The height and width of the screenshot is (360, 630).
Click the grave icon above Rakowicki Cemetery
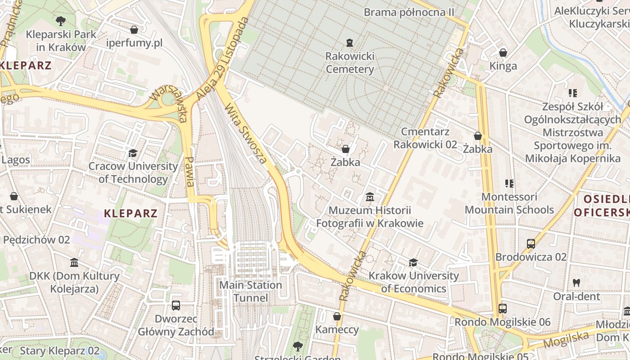point(349,43)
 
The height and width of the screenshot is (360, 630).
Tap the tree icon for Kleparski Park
point(60,21)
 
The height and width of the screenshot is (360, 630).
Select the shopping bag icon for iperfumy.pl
point(134,30)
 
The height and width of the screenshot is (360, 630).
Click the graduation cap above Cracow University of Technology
point(133,153)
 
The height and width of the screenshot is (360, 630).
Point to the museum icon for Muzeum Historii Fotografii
point(370,197)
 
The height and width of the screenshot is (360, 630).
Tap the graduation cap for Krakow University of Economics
point(413,262)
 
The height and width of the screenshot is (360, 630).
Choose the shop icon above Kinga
point(503,53)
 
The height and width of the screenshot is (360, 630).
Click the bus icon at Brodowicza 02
point(531,244)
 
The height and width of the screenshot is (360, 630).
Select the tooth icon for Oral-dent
point(576,283)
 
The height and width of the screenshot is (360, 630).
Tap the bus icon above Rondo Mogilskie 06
point(503,309)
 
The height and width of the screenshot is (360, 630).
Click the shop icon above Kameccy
point(337,316)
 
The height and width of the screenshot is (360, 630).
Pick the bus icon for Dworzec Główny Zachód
point(176,305)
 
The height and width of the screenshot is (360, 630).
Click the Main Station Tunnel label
point(251,292)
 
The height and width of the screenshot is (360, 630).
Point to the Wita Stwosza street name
point(246,134)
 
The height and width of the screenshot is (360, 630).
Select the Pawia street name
point(190,171)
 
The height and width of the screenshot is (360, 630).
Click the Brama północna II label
point(409,12)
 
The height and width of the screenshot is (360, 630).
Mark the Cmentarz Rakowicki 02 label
point(425,138)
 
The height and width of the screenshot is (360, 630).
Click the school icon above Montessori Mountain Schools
point(509,184)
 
